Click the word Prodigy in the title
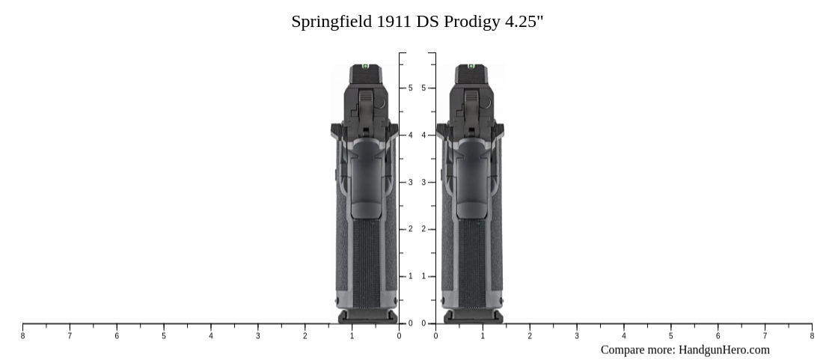(471, 22)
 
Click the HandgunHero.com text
(724, 350)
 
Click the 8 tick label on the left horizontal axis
(22, 336)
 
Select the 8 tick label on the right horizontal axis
(812, 336)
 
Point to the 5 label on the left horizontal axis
(164, 336)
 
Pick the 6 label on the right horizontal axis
(718, 336)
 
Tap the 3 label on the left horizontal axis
(258, 336)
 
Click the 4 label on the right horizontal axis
(624, 336)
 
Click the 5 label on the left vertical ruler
(410, 88)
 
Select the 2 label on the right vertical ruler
(423, 229)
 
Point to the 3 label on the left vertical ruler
(410, 183)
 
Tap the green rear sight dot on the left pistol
(366, 67)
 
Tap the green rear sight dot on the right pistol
(471, 67)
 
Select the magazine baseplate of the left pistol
(366, 317)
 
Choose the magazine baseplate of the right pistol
(472, 317)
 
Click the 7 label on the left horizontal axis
(70, 336)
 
